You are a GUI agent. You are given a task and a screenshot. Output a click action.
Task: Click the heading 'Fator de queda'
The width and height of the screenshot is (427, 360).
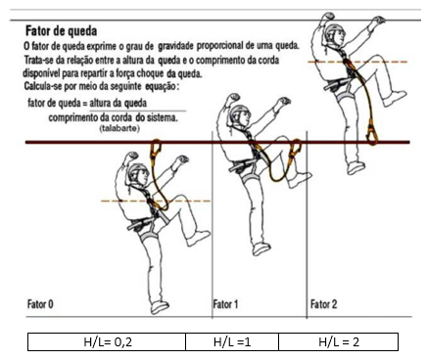(x=62, y=31)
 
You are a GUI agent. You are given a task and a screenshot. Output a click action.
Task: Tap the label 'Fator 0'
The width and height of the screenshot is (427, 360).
(x=40, y=304)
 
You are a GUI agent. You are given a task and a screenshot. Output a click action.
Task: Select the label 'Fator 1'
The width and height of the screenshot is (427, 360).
(x=225, y=304)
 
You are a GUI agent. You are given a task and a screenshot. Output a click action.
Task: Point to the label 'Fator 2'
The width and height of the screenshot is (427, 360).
(x=323, y=304)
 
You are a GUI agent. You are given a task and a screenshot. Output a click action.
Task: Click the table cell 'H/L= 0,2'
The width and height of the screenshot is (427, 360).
(x=107, y=341)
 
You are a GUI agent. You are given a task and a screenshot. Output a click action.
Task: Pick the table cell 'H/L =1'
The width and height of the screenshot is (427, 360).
(x=232, y=341)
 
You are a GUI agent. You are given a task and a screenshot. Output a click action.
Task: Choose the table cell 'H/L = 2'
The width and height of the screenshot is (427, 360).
(x=339, y=341)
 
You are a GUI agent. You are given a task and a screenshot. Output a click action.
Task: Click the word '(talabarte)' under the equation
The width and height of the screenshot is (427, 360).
(x=119, y=128)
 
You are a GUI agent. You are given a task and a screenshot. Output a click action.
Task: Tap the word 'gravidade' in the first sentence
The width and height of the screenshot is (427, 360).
(x=175, y=46)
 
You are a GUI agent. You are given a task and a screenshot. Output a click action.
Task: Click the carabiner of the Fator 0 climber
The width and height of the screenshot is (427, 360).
(x=155, y=150)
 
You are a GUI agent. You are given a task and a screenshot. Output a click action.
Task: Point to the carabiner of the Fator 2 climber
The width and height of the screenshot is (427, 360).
(x=372, y=134)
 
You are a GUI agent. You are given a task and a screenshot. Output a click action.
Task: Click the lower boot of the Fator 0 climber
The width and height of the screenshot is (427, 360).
(x=160, y=306)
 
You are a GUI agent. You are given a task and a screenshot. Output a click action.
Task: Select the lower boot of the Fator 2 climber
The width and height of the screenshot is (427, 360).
(x=356, y=168)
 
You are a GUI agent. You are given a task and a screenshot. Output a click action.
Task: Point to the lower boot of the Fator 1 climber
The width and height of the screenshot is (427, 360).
(x=261, y=248)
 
